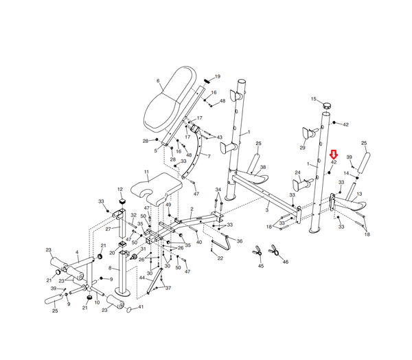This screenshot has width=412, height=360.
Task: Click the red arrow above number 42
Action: tap(334, 155)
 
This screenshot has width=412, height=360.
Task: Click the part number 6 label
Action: tap(158, 81)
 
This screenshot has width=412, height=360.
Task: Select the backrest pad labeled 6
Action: tap(170, 99)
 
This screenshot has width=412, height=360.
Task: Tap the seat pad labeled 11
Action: tap(157, 189)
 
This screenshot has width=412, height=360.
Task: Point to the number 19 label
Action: tap(218, 76)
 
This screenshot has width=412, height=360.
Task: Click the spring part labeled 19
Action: tap(207, 81)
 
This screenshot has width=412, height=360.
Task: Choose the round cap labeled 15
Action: tap(327, 106)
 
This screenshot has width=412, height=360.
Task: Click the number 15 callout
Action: tap(314, 99)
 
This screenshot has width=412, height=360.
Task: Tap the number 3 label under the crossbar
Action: tap(267, 210)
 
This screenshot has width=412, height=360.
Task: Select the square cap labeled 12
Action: tap(123, 201)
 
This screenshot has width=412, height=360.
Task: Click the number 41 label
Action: tap(141, 306)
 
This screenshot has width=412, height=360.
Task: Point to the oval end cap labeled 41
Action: tap(129, 310)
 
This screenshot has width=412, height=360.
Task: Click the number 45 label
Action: tap(261, 266)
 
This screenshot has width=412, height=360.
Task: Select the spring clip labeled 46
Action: tap(274, 250)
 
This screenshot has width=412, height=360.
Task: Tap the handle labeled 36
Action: tap(221, 242)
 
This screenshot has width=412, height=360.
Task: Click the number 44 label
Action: tap(142, 278)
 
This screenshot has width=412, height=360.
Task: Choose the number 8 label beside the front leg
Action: tap(110, 268)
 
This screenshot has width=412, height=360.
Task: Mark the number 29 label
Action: tap(302, 148)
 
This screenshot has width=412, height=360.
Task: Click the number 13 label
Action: tap(359, 194)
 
